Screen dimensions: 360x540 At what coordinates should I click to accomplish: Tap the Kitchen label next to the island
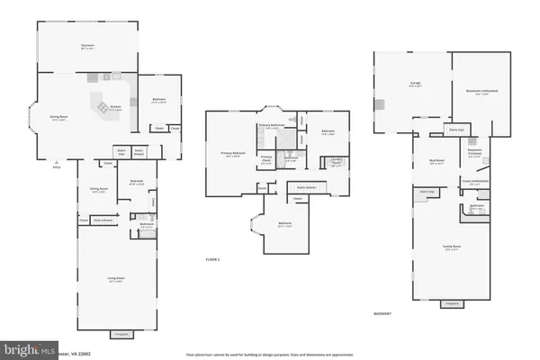pos(115,108)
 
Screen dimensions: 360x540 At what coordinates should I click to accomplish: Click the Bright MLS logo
pos(26,347)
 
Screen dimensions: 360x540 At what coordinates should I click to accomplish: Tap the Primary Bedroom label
pos(233,153)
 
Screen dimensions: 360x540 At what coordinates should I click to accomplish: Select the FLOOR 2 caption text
pos(212,259)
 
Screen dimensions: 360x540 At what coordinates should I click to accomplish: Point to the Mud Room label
pos(438,162)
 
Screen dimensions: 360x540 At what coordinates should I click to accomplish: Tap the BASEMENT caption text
pos(382,313)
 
